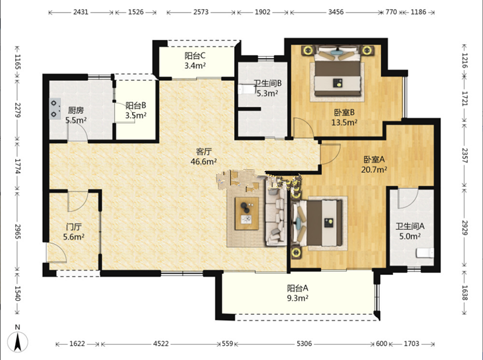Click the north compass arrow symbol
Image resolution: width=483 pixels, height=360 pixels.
pyautogui.click(x=18, y=342)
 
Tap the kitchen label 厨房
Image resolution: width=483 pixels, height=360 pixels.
pyautogui.click(x=76, y=111)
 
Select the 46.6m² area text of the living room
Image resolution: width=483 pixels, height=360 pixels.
pyautogui.click(x=203, y=161)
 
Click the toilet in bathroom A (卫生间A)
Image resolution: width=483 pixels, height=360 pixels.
pyautogui.click(x=425, y=252)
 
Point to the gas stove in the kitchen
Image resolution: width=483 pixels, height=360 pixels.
pyautogui.click(x=55, y=109)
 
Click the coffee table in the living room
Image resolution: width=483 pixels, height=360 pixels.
pyautogui.click(x=247, y=214)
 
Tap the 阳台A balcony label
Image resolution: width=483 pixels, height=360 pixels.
pyautogui.click(x=298, y=288)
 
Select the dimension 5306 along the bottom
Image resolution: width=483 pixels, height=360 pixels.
pyautogui.click(x=304, y=343)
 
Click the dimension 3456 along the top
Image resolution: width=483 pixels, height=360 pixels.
pyautogui.click(x=336, y=12)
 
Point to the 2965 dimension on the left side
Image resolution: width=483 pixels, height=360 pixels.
pyautogui.click(x=18, y=232)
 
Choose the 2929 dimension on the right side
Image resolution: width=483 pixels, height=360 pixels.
pyautogui.click(x=465, y=228)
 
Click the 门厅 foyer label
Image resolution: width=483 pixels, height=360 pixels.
pyautogui.click(x=74, y=227)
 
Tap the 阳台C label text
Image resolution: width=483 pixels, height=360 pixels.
pyautogui.click(x=195, y=56)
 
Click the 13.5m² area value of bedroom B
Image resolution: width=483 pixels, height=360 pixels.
pyautogui.click(x=344, y=123)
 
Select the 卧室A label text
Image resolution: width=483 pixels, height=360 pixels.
pyautogui.click(x=374, y=159)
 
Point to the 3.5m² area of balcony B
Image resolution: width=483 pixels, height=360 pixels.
pyautogui.click(x=135, y=115)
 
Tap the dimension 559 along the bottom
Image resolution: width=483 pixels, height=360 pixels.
pyautogui.click(x=228, y=343)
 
